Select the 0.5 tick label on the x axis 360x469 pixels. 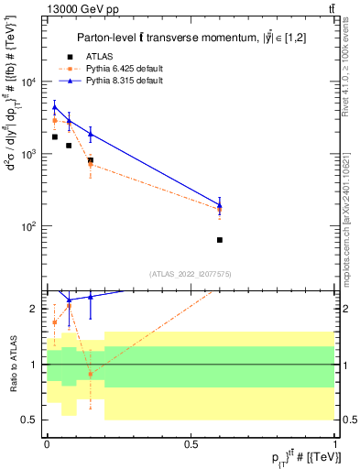click(191, 442)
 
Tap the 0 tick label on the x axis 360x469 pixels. click(46, 442)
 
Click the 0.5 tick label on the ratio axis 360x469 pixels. click(31, 420)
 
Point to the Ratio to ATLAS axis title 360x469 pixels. click(13, 364)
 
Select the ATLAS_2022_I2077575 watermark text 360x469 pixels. click(190, 273)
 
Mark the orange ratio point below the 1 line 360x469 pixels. click(90, 374)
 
